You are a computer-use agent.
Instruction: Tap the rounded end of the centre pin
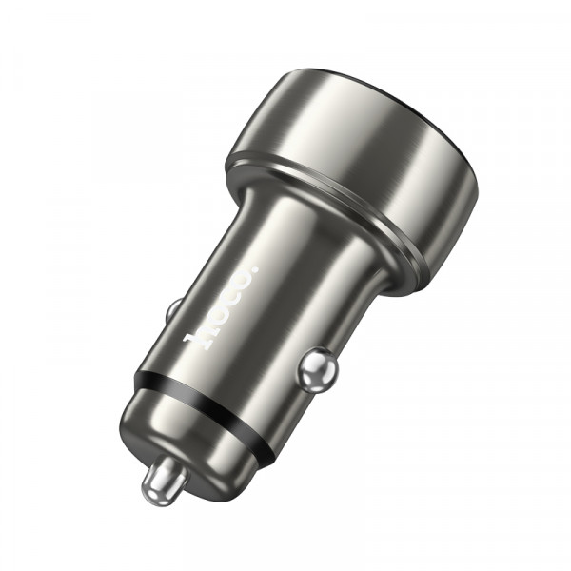pos(154,489)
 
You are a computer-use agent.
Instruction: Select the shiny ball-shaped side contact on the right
pos(317,369)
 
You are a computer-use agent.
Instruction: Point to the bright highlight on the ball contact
pos(311,362)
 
